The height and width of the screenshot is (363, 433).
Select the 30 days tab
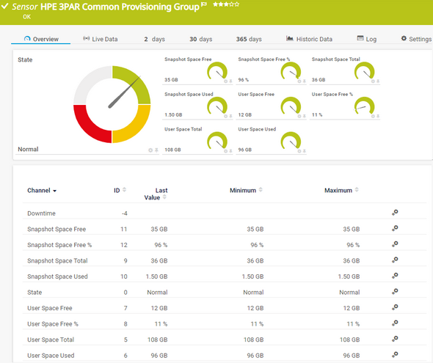click(200, 39)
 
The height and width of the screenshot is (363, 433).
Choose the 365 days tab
click(249, 39)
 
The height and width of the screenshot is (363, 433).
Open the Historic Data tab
click(309, 39)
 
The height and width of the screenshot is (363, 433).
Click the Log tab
click(366, 39)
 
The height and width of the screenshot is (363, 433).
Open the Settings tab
click(415, 39)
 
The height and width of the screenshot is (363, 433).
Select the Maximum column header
click(341, 191)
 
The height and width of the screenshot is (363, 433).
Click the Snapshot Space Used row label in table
click(57, 276)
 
